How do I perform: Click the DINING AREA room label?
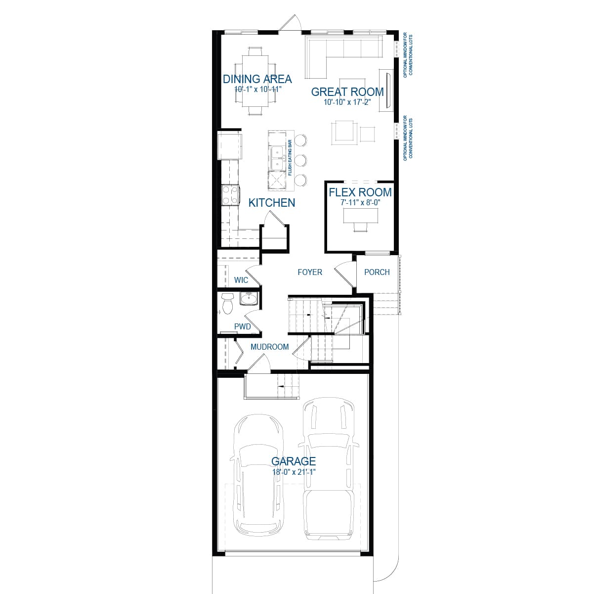(x=257, y=79)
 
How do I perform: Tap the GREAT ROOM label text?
(x=347, y=91)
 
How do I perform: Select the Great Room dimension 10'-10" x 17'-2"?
(x=347, y=102)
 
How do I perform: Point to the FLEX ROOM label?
(x=360, y=192)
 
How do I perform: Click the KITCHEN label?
(x=272, y=202)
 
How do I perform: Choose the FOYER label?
(x=310, y=272)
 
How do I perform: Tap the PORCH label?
(x=377, y=272)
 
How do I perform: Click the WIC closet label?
(x=241, y=280)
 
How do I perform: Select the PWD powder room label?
(x=242, y=327)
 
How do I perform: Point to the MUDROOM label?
(x=269, y=347)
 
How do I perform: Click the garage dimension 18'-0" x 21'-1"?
(x=294, y=472)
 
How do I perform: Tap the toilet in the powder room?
(x=227, y=303)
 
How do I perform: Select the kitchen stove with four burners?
(x=230, y=194)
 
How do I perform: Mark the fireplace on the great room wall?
(x=386, y=88)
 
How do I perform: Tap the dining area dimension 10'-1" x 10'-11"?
(x=257, y=90)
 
